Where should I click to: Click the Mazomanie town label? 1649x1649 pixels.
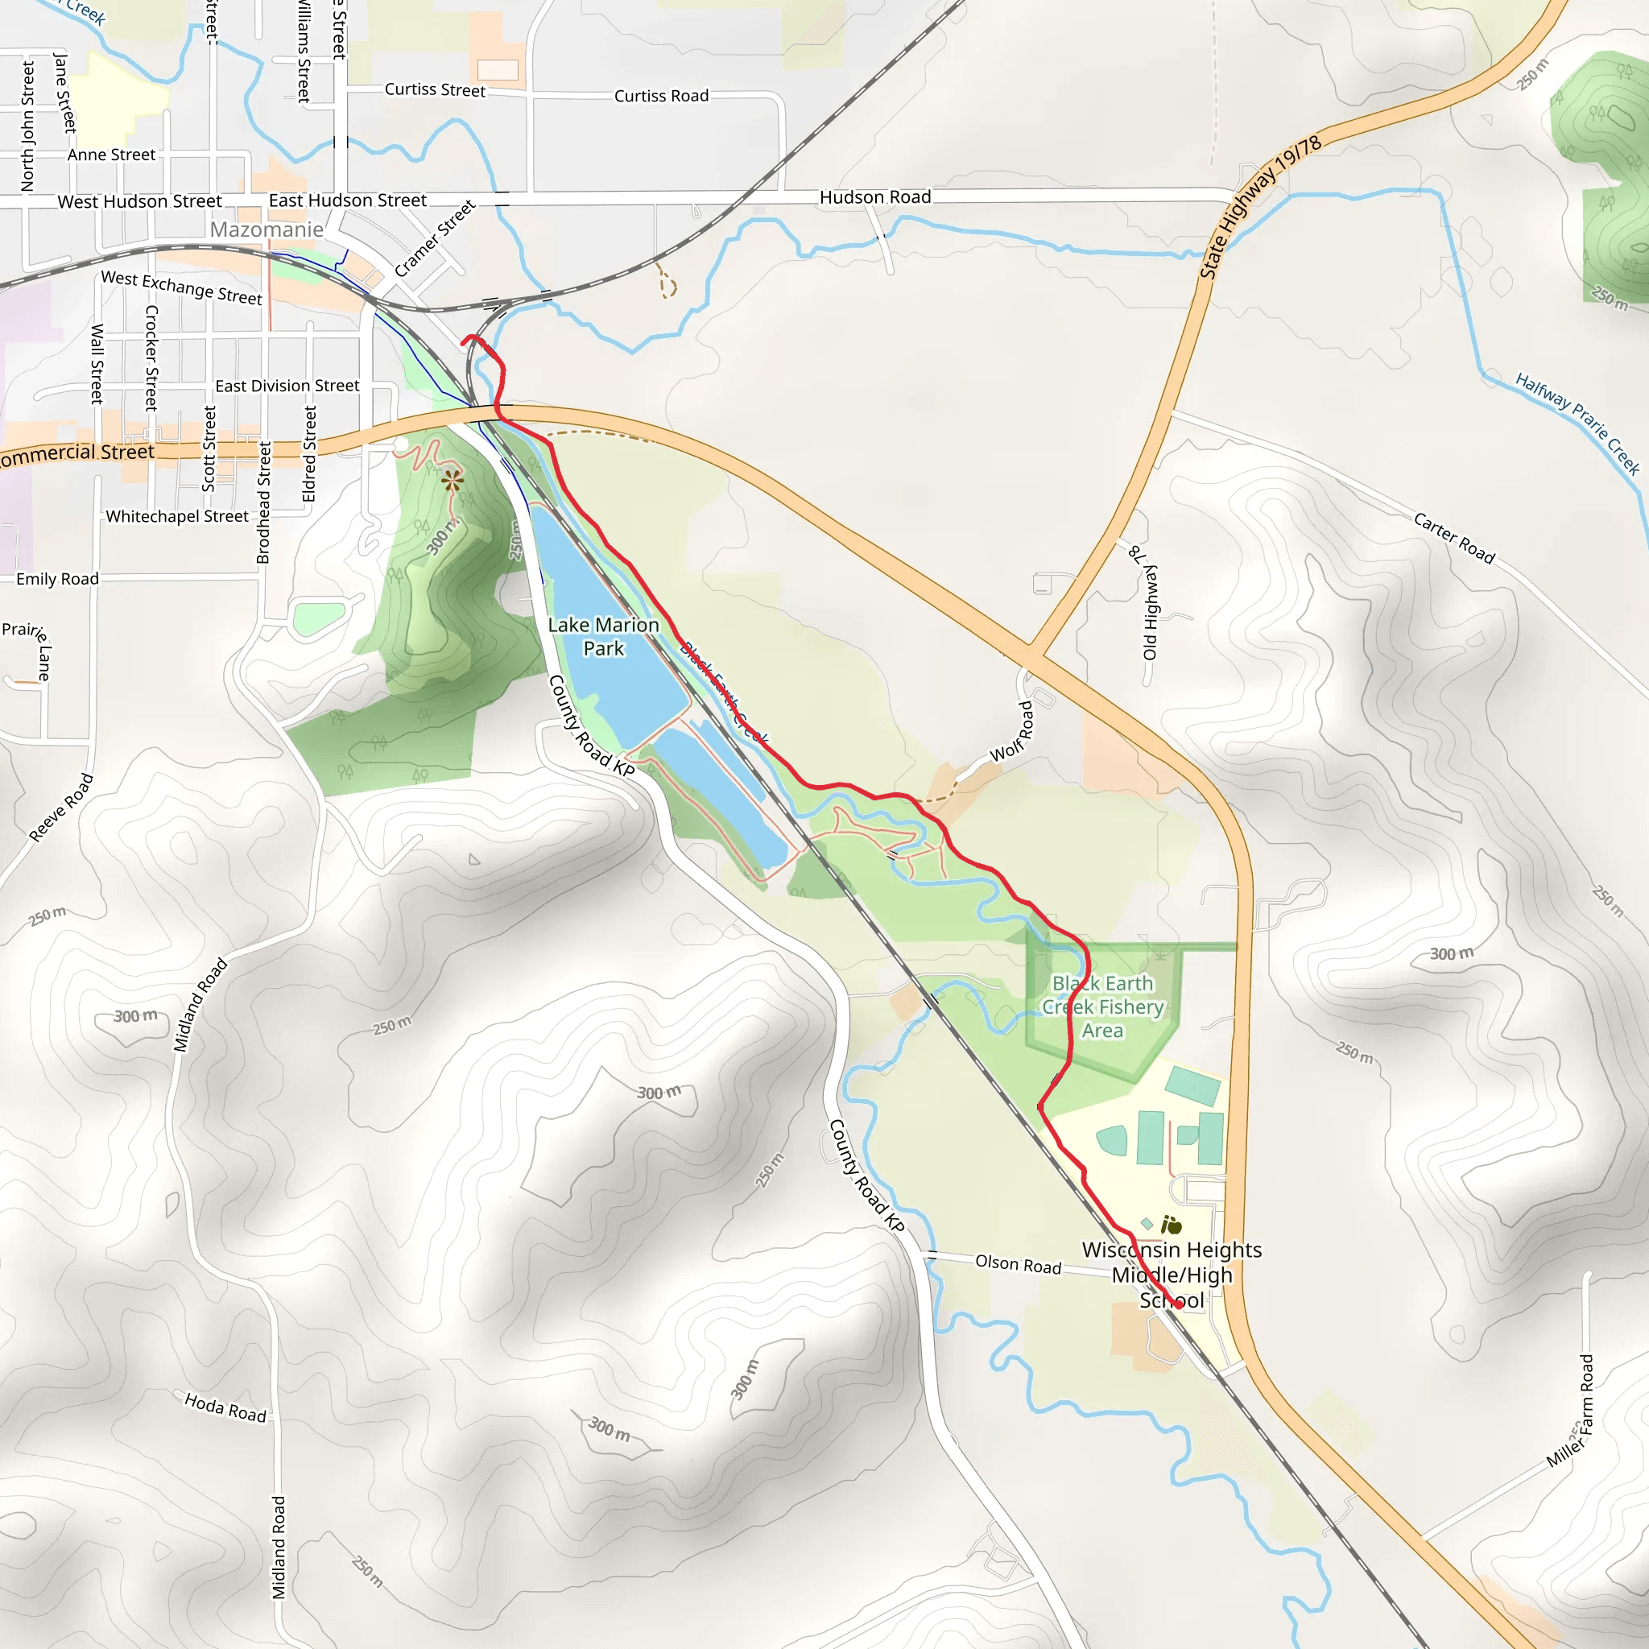coord(267,229)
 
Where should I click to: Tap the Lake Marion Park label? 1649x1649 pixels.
coord(603,637)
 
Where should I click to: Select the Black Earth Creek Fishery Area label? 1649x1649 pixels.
coord(1103,1007)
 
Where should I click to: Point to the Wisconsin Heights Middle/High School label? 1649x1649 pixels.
coord(1172,1275)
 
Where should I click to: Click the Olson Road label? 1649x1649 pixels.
coord(1019,1264)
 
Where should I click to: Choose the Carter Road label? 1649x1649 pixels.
coord(1454,539)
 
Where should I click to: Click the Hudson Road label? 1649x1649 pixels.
coord(875,197)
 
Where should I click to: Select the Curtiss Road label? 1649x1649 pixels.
coord(662,96)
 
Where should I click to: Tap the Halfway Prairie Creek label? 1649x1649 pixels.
coord(1577,424)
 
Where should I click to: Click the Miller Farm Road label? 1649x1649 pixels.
coord(1570,1412)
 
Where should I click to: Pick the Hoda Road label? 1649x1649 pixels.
coord(225,1407)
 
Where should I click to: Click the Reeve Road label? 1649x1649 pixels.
coord(61,808)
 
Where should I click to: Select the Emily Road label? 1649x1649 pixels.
coord(57,579)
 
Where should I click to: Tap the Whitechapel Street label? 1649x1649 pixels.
coord(176,516)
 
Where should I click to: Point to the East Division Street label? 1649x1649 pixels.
coord(287,386)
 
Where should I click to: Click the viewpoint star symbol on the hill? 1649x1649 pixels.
coord(453,481)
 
